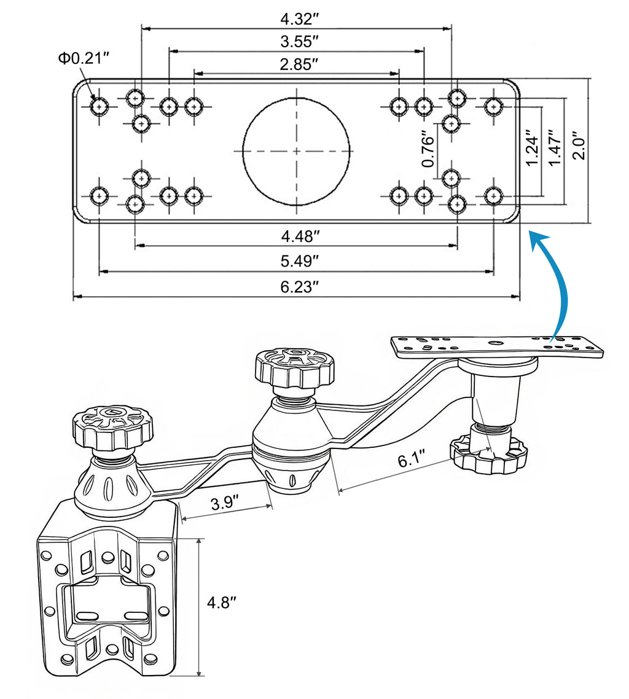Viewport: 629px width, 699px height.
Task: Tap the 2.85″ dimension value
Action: pyautogui.click(x=297, y=64)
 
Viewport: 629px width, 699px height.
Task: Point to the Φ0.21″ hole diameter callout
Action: pyautogui.click(x=84, y=58)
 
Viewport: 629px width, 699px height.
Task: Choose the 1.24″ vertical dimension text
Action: pyautogui.click(x=532, y=147)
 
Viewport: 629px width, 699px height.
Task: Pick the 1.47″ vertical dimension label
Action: pyautogui.click(x=555, y=147)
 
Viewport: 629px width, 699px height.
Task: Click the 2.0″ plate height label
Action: pyautogui.click(x=578, y=145)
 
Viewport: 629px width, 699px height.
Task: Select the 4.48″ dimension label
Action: pyautogui.click(x=297, y=235)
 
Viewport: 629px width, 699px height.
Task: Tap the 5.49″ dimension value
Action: pyautogui.click(x=297, y=261)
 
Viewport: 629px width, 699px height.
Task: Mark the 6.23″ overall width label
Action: pyautogui.click(x=297, y=286)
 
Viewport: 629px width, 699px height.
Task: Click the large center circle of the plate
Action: pyautogui.click(x=297, y=150)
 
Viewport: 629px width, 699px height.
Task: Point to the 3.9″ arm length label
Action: pyautogui.click(x=226, y=504)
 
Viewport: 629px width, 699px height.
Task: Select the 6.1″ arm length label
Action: pyautogui.click(x=412, y=461)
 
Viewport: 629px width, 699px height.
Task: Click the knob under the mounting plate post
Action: pyautogui.click(x=489, y=455)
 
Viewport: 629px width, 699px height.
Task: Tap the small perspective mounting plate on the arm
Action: pyautogui.click(x=498, y=345)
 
